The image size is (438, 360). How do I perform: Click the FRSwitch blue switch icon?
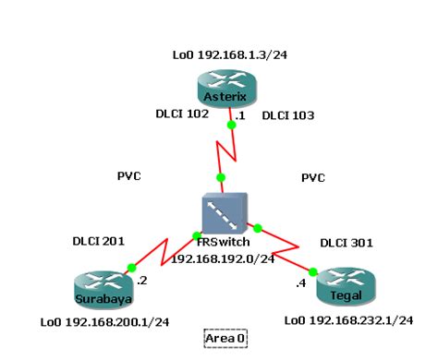tap(224, 213)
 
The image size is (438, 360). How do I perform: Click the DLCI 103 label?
tap(288, 116)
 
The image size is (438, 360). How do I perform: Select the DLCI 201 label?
tap(98, 242)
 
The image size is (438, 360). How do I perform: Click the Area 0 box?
tap(225, 339)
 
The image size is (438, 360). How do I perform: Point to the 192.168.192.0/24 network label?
tap(224, 259)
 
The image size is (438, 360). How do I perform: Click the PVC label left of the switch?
tap(129, 176)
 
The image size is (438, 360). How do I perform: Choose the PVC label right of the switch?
tap(314, 176)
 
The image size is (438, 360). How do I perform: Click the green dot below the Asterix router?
tap(230, 123)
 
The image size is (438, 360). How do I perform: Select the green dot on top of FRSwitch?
tap(221, 176)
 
